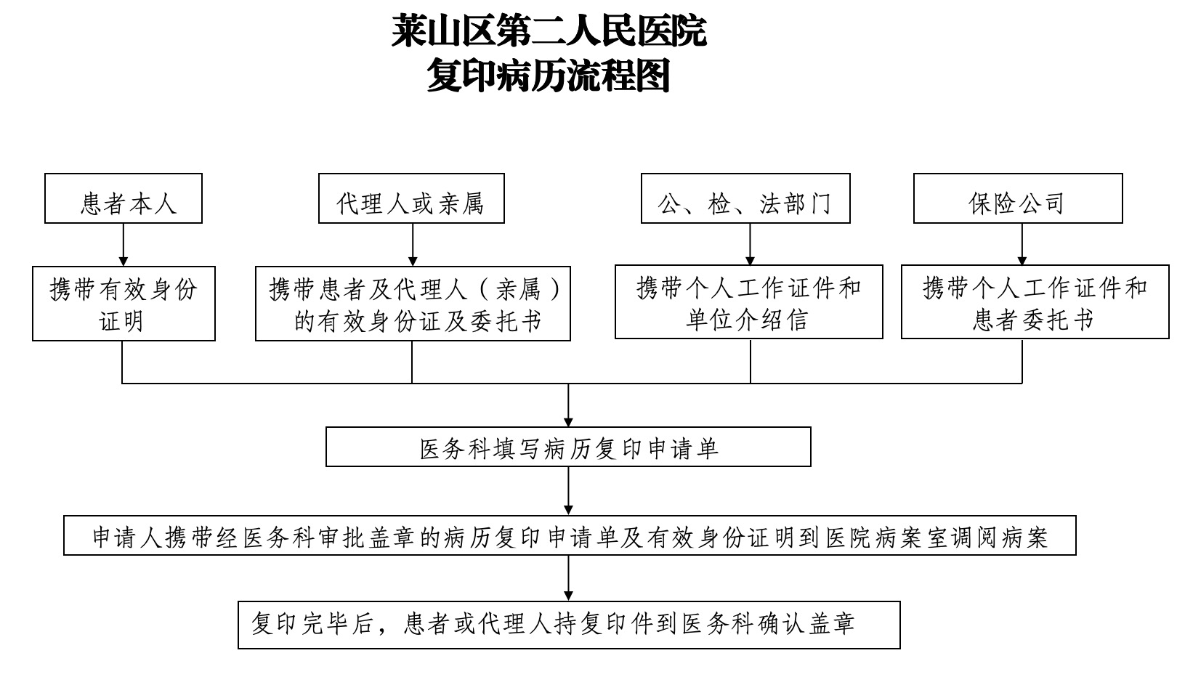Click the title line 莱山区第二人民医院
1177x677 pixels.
(x=549, y=31)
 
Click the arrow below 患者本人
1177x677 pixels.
(x=124, y=245)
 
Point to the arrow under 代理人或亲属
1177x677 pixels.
(x=413, y=245)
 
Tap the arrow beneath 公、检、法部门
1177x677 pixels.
(x=750, y=244)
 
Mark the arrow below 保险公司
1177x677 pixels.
(x=1022, y=244)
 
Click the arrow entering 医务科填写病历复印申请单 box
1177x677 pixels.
(x=568, y=405)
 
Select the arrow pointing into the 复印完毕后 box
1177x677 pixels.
(x=568, y=578)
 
